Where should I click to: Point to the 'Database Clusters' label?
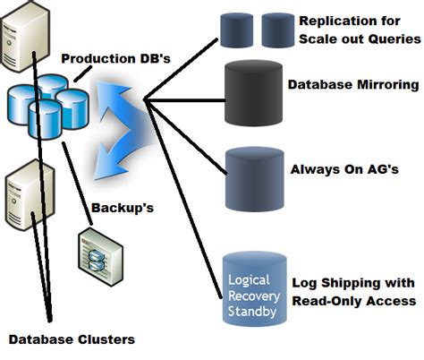[72, 339]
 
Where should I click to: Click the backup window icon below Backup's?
[98, 248]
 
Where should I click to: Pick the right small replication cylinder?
[278, 29]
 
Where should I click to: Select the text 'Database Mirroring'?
[353, 85]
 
